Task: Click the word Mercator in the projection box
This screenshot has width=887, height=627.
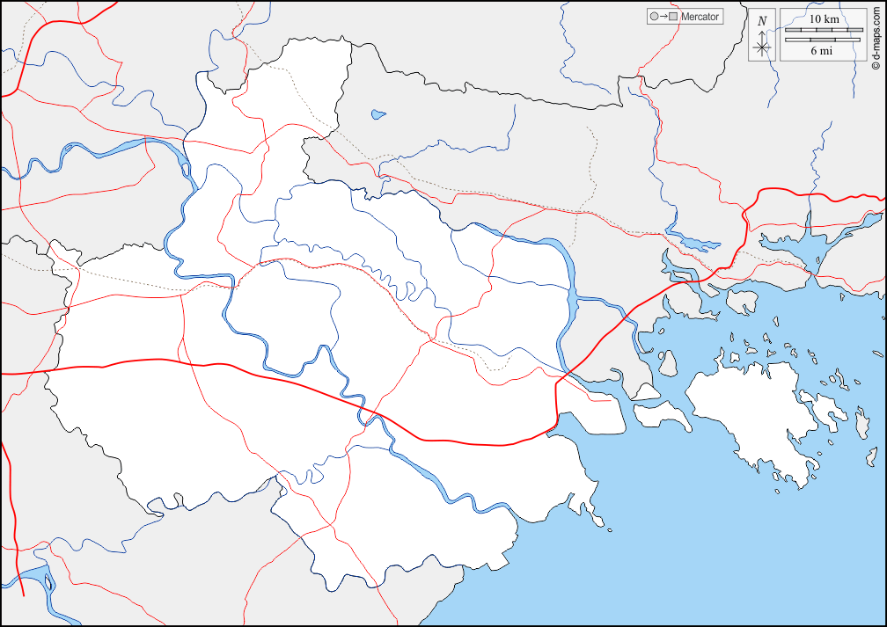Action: point(700,17)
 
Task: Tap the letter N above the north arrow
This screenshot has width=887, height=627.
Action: point(762,21)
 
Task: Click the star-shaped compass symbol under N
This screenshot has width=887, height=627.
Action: point(762,47)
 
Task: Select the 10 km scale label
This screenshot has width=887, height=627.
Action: point(823,18)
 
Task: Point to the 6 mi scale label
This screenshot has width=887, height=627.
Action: point(822,51)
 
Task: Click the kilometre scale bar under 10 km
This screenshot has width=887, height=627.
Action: point(823,30)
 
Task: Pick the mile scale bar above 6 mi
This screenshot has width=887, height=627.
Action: point(823,39)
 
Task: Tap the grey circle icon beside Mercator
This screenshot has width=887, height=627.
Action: point(653,17)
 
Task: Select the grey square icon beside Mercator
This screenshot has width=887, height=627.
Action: point(673,17)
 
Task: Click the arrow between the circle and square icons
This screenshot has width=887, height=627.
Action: point(663,17)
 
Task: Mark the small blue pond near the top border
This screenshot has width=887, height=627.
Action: point(378,113)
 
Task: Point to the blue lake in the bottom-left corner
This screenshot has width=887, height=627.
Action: point(35,580)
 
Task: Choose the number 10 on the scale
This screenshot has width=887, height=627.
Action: point(815,18)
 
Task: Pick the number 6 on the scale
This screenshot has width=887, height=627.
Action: point(814,51)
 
